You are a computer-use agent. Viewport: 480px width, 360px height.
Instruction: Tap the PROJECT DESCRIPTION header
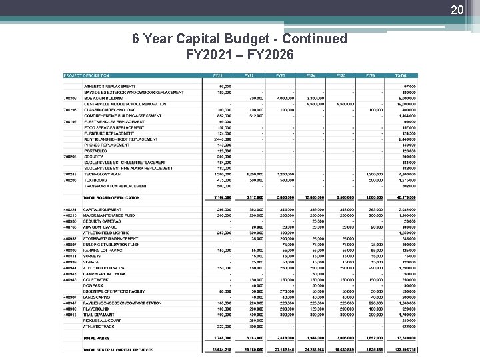(x=87, y=75)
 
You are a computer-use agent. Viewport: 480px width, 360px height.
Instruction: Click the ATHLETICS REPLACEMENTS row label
(x=109, y=87)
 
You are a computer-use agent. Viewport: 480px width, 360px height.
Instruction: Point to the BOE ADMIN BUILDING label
(x=103, y=98)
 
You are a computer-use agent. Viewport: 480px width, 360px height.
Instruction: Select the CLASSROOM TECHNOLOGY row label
(x=108, y=110)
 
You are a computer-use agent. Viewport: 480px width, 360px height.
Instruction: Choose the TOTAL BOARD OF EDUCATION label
(x=111, y=197)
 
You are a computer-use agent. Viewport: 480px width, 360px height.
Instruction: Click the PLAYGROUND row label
(x=97, y=309)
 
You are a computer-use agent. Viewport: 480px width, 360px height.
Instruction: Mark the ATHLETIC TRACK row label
(x=99, y=326)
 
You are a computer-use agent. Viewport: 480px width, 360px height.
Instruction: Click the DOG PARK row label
(x=95, y=285)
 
